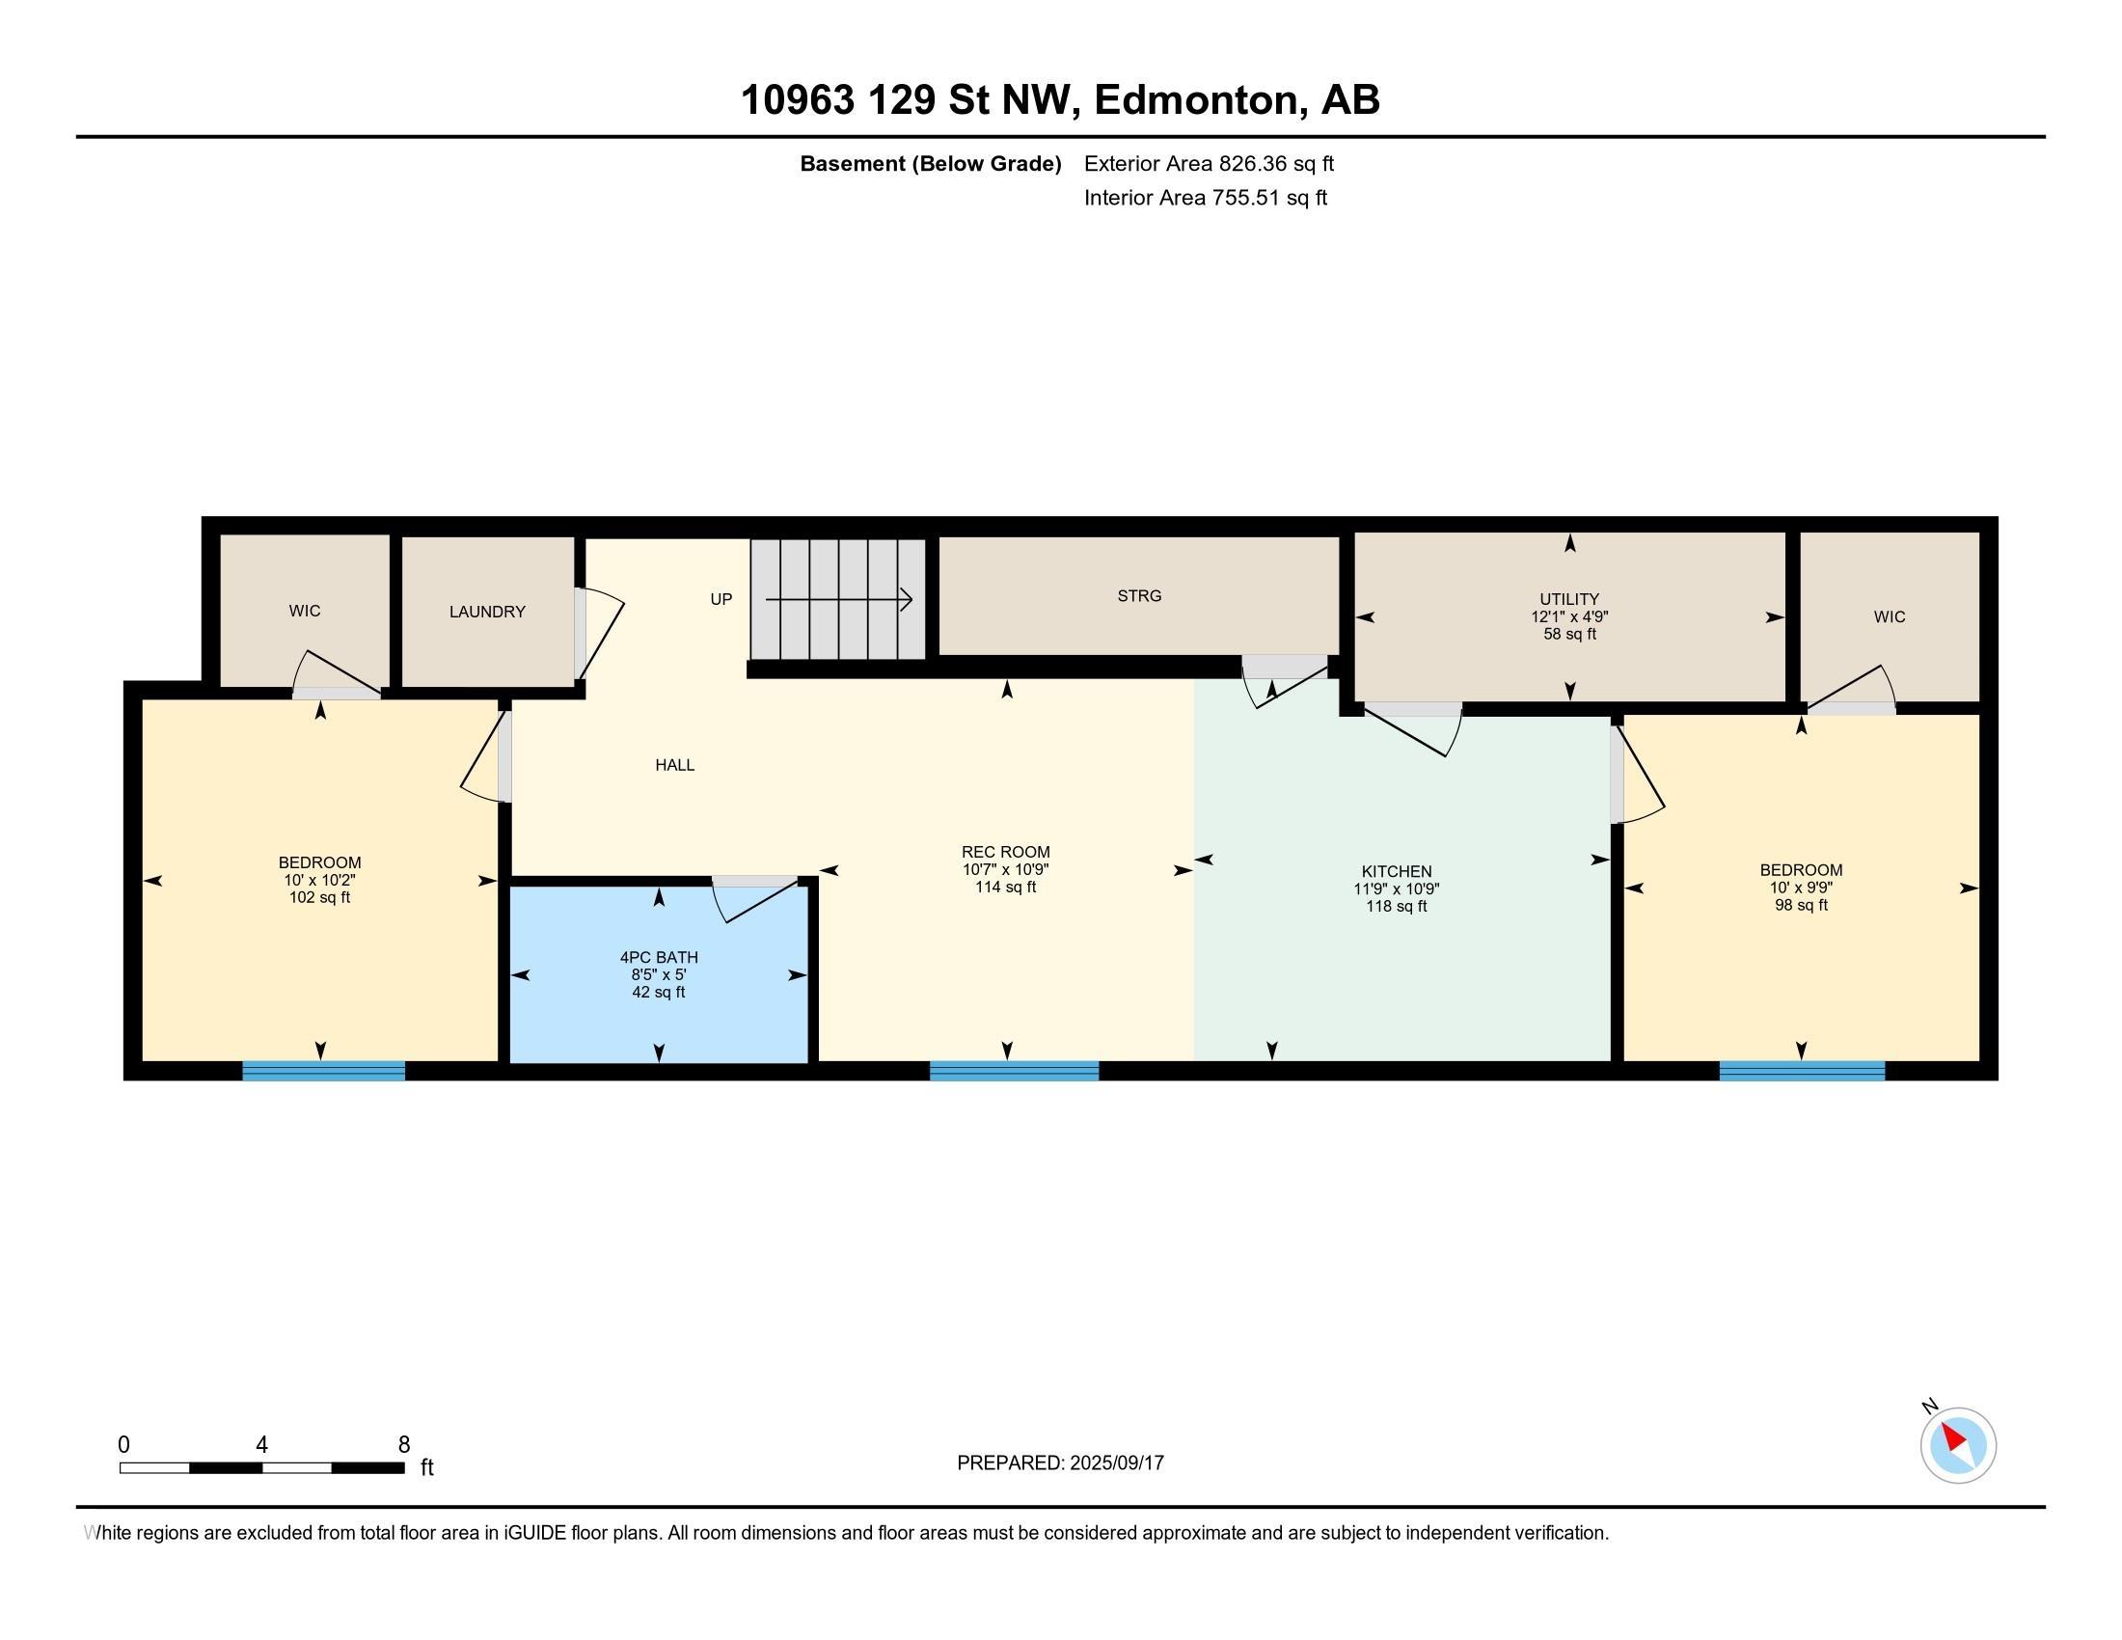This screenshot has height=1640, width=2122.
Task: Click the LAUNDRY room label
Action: [487, 611]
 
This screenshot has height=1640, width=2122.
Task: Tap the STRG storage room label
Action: [1139, 595]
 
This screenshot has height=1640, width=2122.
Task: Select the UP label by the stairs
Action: [721, 599]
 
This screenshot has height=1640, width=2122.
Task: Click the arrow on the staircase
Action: [838, 599]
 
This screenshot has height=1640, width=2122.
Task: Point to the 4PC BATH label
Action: [659, 957]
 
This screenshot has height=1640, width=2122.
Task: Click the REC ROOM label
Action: [1006, 852]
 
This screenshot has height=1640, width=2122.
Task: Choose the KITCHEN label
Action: [1397, 871]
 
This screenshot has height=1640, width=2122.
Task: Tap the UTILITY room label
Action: [1569, 599]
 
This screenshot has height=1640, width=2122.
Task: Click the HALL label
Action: [674, 765]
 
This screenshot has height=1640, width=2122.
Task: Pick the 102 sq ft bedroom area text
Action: [319, 898]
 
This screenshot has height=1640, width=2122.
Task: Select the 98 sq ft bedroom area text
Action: [1802, 906]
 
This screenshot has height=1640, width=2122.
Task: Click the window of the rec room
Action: [1015, 1071]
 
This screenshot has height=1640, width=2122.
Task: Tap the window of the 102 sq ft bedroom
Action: [323, 1071]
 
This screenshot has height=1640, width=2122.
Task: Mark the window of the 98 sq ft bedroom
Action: [1803, 1071]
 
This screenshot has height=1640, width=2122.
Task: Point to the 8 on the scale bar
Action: [404, 1445]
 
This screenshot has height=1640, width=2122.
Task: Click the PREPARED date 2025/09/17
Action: [1116, 1463]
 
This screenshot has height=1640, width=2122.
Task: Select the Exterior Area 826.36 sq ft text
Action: [1209, 163]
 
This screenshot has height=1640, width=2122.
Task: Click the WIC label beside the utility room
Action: [1890, 617]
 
